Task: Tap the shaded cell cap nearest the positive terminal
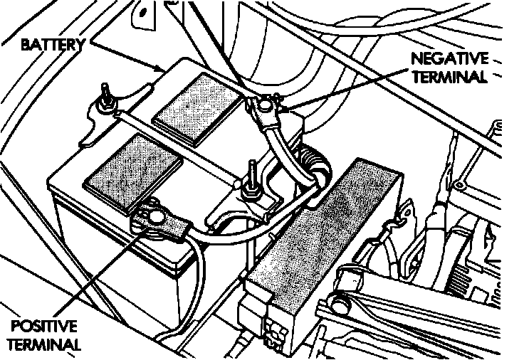tap(132, 166)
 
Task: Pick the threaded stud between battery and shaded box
tap(252, 184)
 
